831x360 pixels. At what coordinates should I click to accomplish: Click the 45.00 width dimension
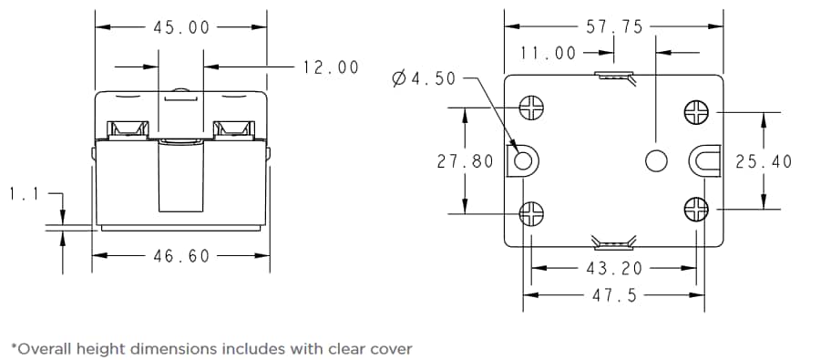click(x=180, y=27)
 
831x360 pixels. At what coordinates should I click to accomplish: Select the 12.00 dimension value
click(x=330, y=67)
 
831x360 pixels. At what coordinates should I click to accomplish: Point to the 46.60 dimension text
click(x=180, y=256)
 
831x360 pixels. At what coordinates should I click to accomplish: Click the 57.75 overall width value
click(x=614, y=27)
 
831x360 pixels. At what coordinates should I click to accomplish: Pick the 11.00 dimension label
click(x=549, y=54)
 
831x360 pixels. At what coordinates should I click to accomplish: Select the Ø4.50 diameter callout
click(x=423, y=79)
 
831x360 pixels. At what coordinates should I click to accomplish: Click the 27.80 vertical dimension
click(x=465, y=161)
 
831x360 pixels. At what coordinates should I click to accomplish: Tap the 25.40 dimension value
click(x=764, y=161)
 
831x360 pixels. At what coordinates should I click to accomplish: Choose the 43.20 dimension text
click(x=614, y=268)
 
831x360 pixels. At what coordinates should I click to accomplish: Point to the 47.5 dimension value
click(x=614, y=295)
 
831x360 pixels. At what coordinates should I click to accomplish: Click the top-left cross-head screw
click(x=530, y=108)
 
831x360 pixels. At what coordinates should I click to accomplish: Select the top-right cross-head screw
click(x=696, y=112)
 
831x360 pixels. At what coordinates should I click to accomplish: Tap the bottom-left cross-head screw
click(x=530, y=213)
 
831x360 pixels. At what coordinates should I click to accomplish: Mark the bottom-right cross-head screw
click(x=696, y=210)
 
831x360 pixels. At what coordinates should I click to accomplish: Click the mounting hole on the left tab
click(x=524, y=161)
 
